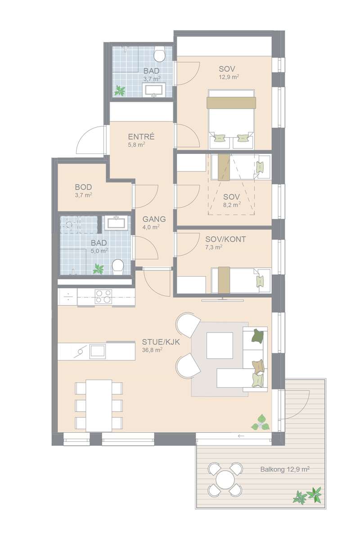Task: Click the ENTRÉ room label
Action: pos(141,136)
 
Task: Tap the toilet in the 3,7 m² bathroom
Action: pos(159,54)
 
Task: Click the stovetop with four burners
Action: pos(103,296)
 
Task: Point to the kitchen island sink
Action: pos(97,351)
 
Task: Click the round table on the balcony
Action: pos(225,476)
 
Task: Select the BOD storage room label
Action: pos(83,187)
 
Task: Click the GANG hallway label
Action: pos(154,219)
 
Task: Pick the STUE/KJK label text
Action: pos(161,341)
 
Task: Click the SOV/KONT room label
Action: pos(225,239)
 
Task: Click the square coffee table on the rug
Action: pos(220,345)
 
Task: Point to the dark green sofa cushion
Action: pos(258,335)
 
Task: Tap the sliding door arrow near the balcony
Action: pos(241,436)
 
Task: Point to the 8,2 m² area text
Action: pos(231,205)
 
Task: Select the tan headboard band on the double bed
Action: pos(231,103)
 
